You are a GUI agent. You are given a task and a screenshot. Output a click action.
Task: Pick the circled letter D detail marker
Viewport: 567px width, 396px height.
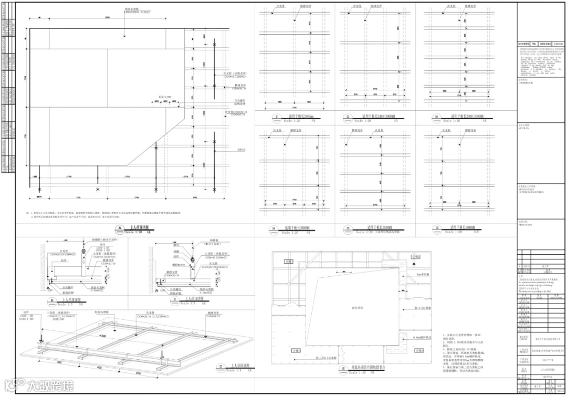pos(221,367)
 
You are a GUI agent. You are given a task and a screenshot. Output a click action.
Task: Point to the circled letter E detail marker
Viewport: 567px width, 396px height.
pos(343,370)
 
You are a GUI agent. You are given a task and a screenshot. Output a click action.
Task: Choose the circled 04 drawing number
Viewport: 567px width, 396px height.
pos(274,228)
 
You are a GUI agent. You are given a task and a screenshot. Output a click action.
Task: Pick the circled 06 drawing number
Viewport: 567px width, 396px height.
pos(436,228)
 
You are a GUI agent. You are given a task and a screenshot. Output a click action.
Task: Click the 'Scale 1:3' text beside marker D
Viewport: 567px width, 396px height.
pos(236,370)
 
